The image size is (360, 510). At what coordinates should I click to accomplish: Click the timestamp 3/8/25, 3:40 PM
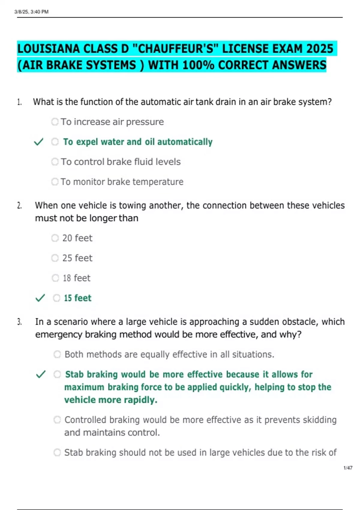click(x=31, y=12)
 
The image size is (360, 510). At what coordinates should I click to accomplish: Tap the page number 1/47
click(x=348, y=468)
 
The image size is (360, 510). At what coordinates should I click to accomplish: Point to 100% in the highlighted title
click(x=198, y=65)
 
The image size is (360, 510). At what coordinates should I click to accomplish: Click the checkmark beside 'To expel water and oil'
click(x=39, y=142)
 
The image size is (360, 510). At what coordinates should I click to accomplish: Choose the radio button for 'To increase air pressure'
click(x=55, y=122)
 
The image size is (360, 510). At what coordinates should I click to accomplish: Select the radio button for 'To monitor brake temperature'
click(x=55, y=182)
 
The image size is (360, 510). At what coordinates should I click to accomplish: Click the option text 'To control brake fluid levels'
click(x=121, y=162)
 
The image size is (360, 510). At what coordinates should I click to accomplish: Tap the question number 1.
click(x=19, y=102)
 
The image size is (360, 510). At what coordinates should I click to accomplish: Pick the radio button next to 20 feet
click(x=55, y=238)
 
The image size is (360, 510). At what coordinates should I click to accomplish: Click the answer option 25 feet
click(x=77, y=258)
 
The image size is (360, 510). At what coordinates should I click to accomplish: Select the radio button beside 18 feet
click(x=55, y=278)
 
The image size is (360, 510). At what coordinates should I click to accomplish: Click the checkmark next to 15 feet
click(x=40, y=298)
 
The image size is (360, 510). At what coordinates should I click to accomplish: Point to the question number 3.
click(x=19, y=322)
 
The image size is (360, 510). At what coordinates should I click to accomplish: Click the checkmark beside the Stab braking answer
click(x=40, y=374)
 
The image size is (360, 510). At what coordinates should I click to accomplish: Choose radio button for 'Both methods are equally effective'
click(x=57, y=355)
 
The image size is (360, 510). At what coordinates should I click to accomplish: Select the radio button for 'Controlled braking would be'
click(x=57, y=420)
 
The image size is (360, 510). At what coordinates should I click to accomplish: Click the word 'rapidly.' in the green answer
click(x=140, y=400)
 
